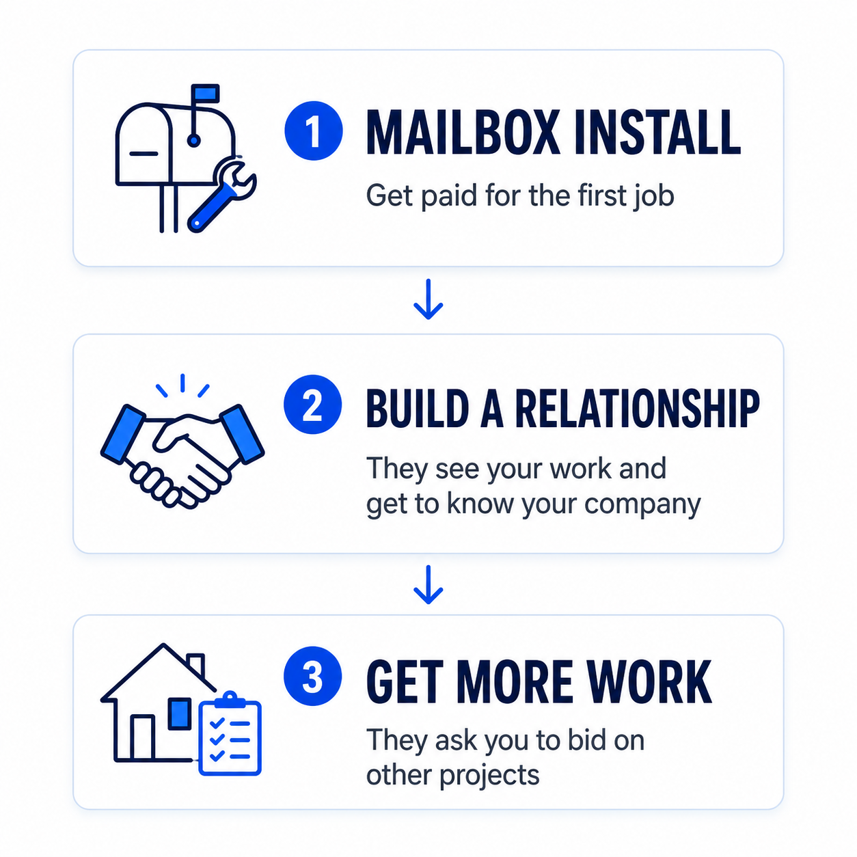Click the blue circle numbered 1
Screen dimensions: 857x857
314,131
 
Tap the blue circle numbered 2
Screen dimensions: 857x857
312,405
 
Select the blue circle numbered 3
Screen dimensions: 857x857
312,676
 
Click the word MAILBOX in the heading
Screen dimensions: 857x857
463,133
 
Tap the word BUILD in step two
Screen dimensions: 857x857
418,407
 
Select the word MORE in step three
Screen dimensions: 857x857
515,681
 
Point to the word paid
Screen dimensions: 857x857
448,196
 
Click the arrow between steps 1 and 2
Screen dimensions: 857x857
428,299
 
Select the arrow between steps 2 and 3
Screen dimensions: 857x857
428,585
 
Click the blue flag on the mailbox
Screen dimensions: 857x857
205,94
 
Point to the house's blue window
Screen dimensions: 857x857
180,713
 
